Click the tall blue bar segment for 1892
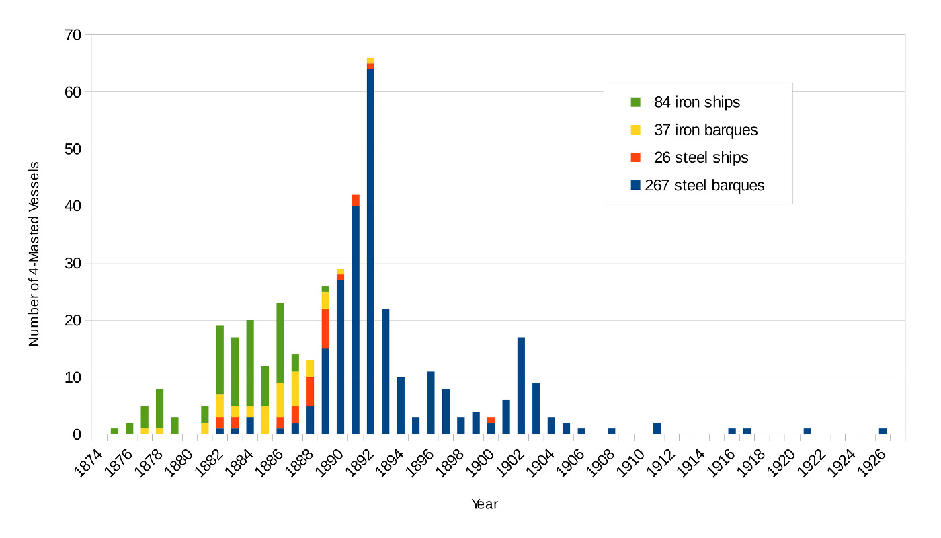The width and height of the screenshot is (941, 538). point(370,252)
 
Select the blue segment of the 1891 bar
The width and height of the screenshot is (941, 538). point(356,320)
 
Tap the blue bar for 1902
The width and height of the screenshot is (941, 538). point(521,386)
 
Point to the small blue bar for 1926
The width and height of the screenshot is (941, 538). point(883,432)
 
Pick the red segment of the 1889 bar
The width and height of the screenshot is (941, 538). point(325,329)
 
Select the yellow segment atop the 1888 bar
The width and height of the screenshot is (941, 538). point(311,369)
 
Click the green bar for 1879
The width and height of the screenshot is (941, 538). point(175,426)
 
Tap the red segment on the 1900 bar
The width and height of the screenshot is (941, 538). point(491,420)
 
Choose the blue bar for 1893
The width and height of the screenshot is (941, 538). point(386,371)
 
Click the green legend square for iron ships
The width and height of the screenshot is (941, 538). point(635,102)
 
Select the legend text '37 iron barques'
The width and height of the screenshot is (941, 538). point(706,130)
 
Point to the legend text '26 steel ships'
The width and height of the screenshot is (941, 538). point(701,157)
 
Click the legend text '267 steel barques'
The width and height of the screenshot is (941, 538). point(704,185)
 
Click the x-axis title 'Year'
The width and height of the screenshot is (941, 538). point(484,504)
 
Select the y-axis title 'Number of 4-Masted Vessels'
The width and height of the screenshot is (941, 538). point(34,254)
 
